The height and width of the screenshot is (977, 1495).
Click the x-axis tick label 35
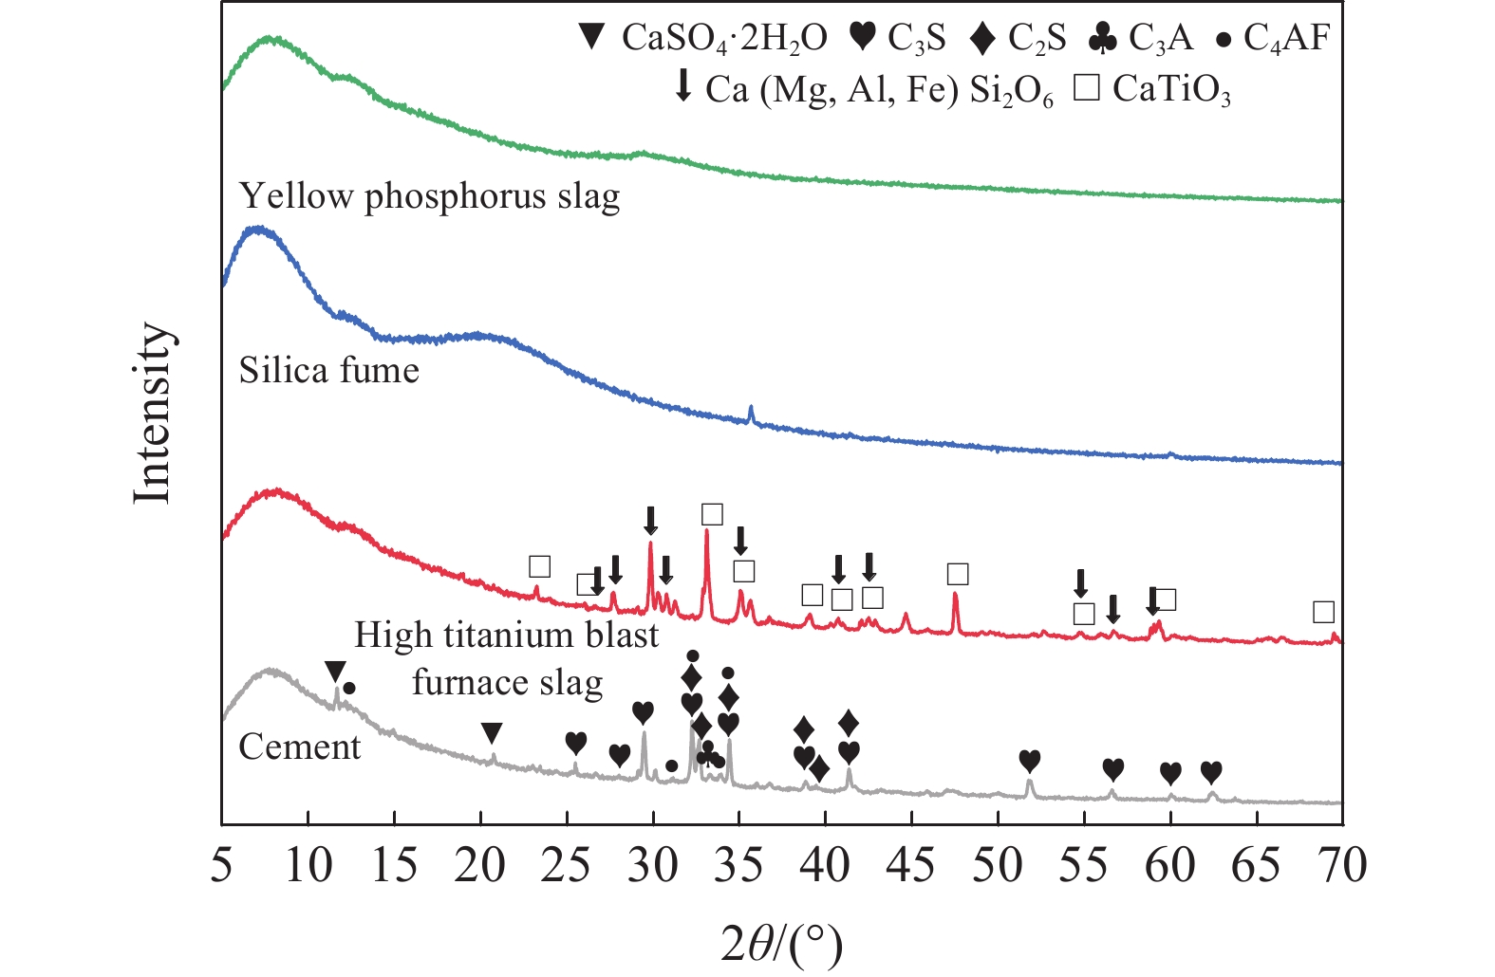click(x=739, y=866)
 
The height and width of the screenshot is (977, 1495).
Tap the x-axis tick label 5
click(x=222, y=866)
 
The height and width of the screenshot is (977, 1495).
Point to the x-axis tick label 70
click(x=1340, y=866)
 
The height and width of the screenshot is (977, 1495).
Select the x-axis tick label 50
click(x=998, y=866)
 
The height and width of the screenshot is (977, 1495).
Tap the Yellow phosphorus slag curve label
click(x=429, y=196)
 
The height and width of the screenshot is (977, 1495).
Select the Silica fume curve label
click(x=328, y=370)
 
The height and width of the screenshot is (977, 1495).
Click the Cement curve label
click(x=299, y=747)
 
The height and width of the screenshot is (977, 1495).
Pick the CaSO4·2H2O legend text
click(x=723, y=39)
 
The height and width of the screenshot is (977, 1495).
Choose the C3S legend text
click(x=917, y=39)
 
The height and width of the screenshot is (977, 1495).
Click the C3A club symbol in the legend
click(x=1102, y=39)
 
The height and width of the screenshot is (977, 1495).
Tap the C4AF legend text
click(x=1287, y=39)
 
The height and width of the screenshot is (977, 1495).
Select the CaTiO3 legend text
click(x=1171, y=90)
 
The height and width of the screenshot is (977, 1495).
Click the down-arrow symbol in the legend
click(x=682, y=87)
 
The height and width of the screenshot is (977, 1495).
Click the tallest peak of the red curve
click(x=706, y=533)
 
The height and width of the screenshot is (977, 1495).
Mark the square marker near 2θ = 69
click(x=1323, y=612)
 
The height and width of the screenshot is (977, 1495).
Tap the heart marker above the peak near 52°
click(x=1030, y=761)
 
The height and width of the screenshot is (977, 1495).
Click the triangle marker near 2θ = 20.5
click(x=491, y=733)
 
